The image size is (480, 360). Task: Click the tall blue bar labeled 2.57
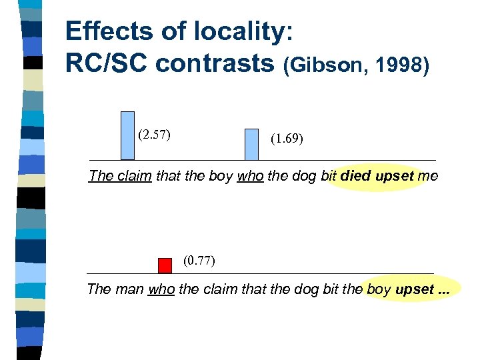127,135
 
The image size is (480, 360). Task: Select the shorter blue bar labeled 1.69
251,144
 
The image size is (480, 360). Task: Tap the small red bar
165,265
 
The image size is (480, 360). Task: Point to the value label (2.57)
154,135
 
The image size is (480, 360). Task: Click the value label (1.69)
287,140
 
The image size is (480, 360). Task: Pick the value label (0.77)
199,261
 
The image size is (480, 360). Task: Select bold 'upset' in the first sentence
395,177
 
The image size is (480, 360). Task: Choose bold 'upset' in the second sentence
414,290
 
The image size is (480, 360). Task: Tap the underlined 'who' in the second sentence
161,290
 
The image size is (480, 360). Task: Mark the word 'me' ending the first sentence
428,177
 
